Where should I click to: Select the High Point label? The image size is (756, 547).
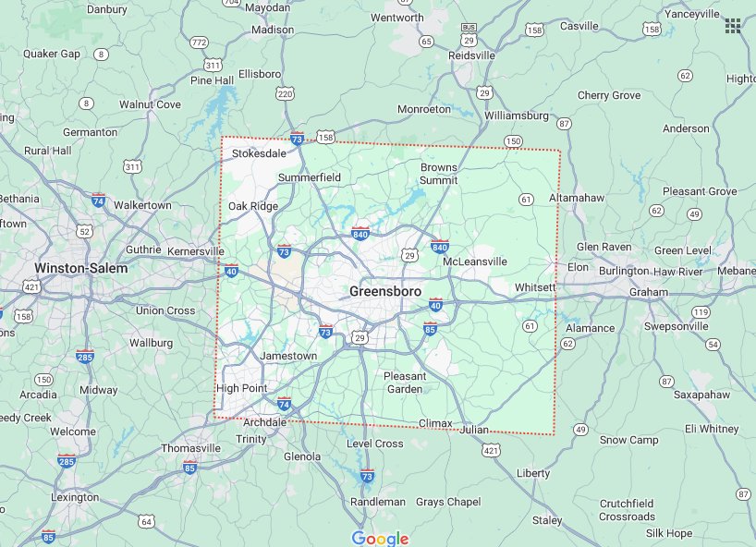[241, 388]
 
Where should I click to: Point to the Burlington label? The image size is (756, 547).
[623, 271]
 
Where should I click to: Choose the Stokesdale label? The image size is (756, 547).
[259, 153]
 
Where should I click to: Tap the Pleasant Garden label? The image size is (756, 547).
[405, 383]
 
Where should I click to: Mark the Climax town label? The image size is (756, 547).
[435, 423]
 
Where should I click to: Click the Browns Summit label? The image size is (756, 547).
[438, 174]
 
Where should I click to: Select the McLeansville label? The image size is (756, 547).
[475, 261]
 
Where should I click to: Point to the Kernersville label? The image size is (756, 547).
[195, 251]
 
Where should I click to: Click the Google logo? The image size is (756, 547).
[380, 538]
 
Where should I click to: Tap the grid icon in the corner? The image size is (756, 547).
[733, 25]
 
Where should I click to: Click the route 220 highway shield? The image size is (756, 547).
[285, 94]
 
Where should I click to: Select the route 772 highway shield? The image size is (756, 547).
[199, 43]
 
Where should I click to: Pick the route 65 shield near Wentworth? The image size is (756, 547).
[426, 42]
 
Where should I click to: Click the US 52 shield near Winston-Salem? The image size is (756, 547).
[85, 230]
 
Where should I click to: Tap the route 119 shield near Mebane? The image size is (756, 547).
[701, 312]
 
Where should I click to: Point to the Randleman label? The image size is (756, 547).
[377, 502]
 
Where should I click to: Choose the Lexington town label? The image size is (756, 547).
[74, 497]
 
